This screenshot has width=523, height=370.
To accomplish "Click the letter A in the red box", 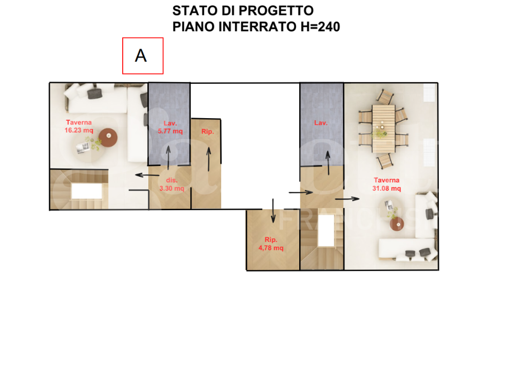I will point(141,55).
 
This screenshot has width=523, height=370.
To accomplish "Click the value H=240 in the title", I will point(320,27).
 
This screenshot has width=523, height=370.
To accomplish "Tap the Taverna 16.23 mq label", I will point(79,126).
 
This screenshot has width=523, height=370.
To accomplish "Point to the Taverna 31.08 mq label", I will point(386,184).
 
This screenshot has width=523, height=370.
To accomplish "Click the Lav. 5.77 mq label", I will point(169,127).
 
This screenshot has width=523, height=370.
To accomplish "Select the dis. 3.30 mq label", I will point(171,184).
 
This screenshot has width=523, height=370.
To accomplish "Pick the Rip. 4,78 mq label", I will point(272,244).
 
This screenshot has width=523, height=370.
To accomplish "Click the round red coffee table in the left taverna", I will point(108,137).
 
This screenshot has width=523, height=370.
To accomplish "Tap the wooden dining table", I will point(383,128).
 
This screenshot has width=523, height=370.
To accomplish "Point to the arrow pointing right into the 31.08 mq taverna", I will point(347,198).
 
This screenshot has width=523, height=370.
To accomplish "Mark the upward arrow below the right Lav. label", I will point(326,163).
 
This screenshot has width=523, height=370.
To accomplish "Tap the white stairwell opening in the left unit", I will point(86,191).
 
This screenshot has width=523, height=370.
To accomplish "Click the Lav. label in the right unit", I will point(321,123).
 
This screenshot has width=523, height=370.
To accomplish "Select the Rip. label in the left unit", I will point(207,132).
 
